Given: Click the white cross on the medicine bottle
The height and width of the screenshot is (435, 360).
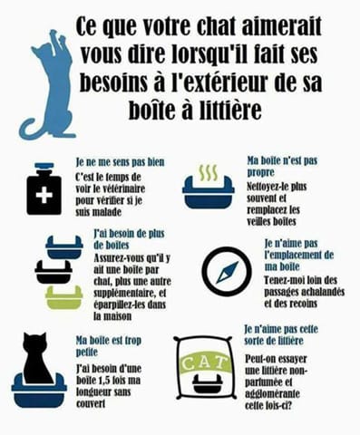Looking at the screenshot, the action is (44, 196).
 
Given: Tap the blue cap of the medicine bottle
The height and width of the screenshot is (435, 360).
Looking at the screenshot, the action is (44, 166).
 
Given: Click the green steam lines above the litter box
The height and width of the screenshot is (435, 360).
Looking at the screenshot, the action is (208, 173).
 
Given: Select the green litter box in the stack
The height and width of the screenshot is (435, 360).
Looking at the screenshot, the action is (64, 296).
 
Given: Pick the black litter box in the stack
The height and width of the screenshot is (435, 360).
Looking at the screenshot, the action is (54, 271).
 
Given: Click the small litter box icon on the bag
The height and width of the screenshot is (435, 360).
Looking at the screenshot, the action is (208, 384).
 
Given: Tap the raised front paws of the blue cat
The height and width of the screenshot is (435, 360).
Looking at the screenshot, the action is (57, 36).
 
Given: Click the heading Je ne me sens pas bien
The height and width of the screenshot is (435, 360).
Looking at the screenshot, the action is (120, 162).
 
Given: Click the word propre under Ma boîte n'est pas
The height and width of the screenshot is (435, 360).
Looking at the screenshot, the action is (261, 173).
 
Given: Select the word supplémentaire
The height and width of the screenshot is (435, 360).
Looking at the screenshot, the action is (126, 294).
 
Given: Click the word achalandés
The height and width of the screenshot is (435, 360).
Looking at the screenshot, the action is (316, 292).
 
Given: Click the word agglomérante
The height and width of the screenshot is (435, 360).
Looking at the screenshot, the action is (273, 394).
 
